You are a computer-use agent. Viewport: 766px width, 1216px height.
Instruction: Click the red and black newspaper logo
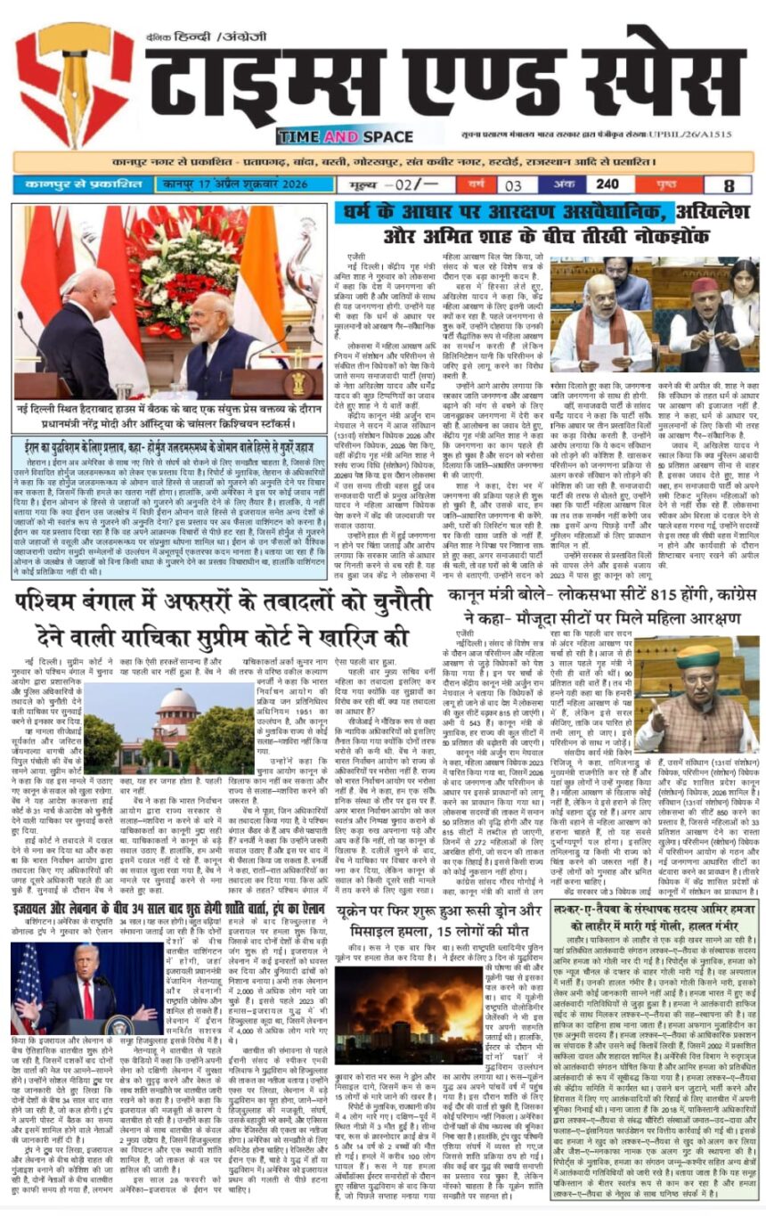pos(74,85)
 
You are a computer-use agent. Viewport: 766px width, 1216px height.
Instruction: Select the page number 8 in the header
pos(729,185)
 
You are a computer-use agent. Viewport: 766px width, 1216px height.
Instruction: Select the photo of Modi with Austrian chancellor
pos(168,302)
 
